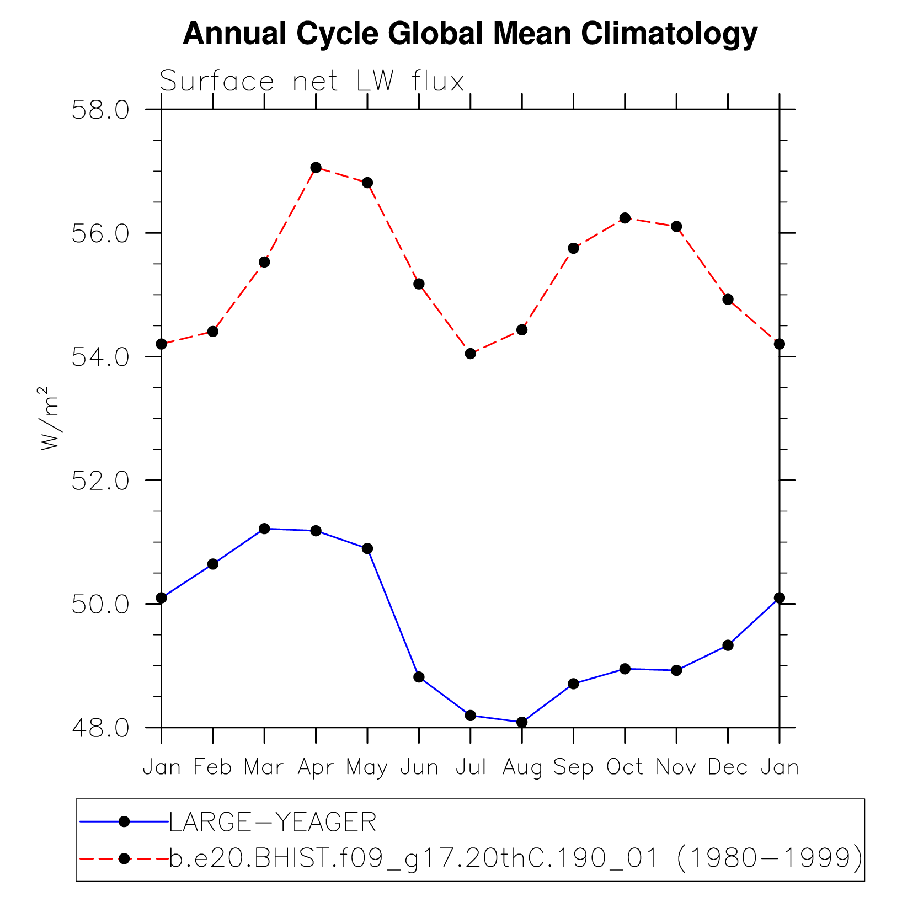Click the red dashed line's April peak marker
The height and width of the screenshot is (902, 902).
[316, 167]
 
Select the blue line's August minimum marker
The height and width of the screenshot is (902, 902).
[522, 722]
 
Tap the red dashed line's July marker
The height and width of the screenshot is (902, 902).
[470, 354]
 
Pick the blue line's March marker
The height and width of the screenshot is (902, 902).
[264, 529]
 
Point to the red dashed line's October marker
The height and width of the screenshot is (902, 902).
[625, 218]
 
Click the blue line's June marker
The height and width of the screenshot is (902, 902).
[419, 677]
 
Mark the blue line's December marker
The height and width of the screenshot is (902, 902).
[728, 645]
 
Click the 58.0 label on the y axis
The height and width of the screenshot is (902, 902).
[100, 110]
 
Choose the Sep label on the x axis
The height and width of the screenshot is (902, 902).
[573, 767]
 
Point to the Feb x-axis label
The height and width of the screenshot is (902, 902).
[212, 767]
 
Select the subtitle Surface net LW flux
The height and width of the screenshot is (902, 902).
[312, 82]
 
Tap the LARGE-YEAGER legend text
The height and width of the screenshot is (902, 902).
[273, 823]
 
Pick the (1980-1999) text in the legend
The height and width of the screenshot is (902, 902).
[768, 858]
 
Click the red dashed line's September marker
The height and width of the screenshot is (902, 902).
[573, 248]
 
